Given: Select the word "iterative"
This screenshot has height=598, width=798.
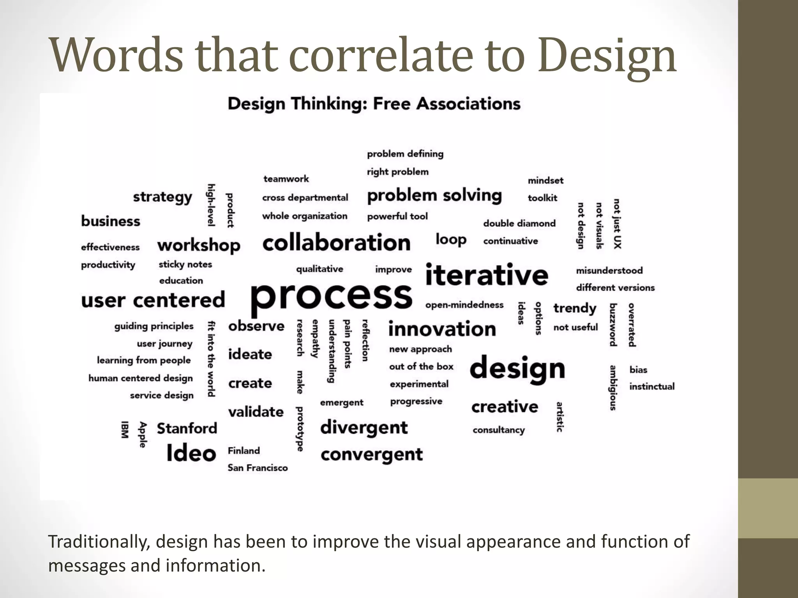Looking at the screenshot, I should [x=487, y=274].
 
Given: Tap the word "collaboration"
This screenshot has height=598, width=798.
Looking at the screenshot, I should [x=336, y=243].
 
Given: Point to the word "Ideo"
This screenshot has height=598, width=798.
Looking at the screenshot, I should [x=191, y=453].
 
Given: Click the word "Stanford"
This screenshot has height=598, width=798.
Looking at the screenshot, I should [x=187, y=428].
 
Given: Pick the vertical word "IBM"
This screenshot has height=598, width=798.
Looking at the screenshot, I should [x=124, y=429].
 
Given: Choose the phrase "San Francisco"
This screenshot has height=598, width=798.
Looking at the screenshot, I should [x=258, y=468].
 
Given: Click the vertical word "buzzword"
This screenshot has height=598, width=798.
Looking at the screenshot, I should [x=613, y=325].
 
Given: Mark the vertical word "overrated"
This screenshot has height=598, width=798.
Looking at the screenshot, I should [x=632, y=325].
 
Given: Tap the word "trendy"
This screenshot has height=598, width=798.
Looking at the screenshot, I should [x=575, y=308].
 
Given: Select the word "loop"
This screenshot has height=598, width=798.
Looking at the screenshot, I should [x=451, y=239].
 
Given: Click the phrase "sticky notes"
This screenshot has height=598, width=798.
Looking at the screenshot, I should [x=185, y=264].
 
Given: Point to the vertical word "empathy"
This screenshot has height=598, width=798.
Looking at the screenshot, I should [x=315, y=338].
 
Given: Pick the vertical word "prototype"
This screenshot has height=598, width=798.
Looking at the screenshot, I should [x=300, y=429].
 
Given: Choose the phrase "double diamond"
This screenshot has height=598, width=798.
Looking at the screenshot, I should [x=519, y=223].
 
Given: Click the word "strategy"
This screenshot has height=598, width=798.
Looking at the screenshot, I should [x=162, y=197].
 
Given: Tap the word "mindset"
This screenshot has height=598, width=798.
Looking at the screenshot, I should [x=546, y=180].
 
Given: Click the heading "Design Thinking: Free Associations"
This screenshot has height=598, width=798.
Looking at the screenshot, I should [x=374, y=104].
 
